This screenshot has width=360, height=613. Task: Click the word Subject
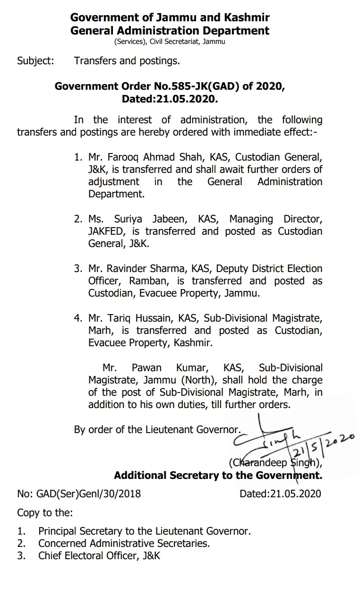[35, 60]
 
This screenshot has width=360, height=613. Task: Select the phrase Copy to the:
[45, 512]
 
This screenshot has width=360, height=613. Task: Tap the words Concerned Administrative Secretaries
[124, 544]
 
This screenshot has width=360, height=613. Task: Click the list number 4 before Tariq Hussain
[77, 318]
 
